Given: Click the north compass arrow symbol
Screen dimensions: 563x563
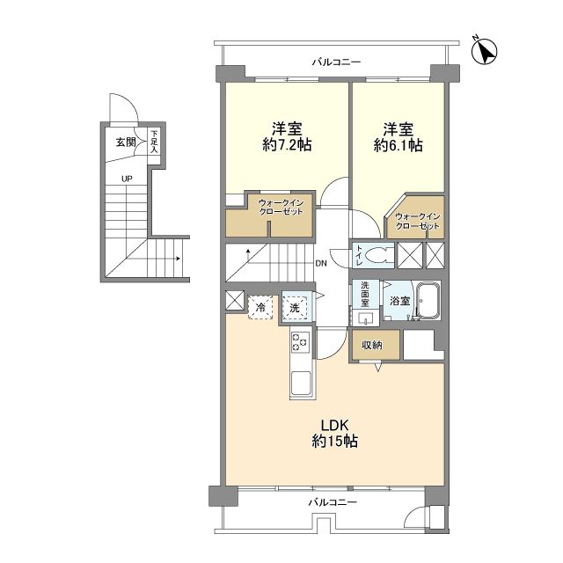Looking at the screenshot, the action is click(484, 50).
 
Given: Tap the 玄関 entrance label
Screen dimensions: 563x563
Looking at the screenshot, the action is click(126, 143).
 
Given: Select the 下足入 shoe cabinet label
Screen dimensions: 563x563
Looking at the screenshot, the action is click(154, 142).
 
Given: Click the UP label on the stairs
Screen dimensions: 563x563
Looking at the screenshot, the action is click(127, 179).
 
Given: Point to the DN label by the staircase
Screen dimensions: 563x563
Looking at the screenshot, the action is click(321, 264).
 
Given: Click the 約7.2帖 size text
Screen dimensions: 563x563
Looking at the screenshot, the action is click(287, 145).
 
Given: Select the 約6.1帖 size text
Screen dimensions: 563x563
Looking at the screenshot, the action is click(398, 145).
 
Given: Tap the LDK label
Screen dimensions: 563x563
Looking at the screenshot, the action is click(334, 426).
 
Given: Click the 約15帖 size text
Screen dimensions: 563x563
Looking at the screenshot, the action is click(334, 441).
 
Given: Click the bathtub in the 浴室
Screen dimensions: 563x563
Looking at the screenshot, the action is click(427, 300).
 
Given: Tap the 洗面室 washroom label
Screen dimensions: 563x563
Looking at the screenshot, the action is click(365, 295).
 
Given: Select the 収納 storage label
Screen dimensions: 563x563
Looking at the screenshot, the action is click(371, 346).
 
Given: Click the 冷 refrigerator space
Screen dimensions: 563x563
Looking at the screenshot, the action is click(260, 307).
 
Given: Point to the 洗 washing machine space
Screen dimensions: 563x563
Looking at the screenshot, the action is click(295, 308).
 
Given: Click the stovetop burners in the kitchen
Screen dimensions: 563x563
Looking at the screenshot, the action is click(300, 341).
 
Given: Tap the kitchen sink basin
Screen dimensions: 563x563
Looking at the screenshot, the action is click(301, 383).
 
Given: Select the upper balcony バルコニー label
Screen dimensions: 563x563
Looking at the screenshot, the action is click(336, 62).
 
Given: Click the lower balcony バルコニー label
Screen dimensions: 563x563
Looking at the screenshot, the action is click(333, 502).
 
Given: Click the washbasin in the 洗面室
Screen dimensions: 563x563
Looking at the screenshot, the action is click(365, 318).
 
